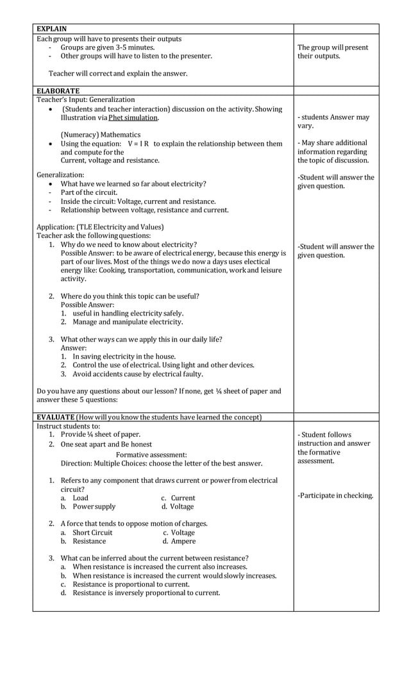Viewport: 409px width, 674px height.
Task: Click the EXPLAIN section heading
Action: [51, 29]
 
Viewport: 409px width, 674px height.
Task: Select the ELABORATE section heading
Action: [58, 91]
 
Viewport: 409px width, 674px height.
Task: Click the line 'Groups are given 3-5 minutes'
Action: [107, 47]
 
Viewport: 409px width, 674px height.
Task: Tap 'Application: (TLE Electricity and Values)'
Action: [100, 227]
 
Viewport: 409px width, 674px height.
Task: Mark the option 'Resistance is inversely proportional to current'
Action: [146, 593]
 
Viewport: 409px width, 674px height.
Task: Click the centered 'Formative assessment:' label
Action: [151, 455]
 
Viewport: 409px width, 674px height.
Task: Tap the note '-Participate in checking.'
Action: [335, 495]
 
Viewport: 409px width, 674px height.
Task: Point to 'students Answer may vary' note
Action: [333, 122]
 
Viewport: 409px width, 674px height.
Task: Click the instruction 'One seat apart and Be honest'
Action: [106, 444]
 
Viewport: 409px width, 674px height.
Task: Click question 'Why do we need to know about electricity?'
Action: [128, 244]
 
